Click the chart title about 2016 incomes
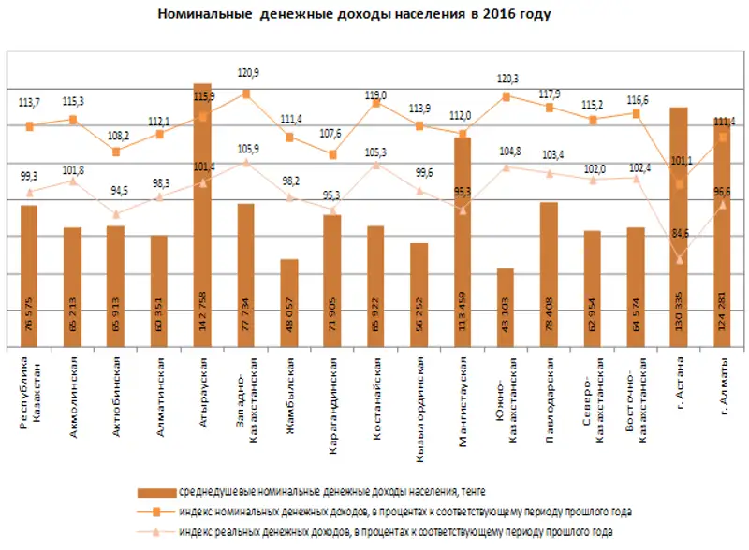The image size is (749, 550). click(354, 15)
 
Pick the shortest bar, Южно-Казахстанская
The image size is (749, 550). click(506, 309)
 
